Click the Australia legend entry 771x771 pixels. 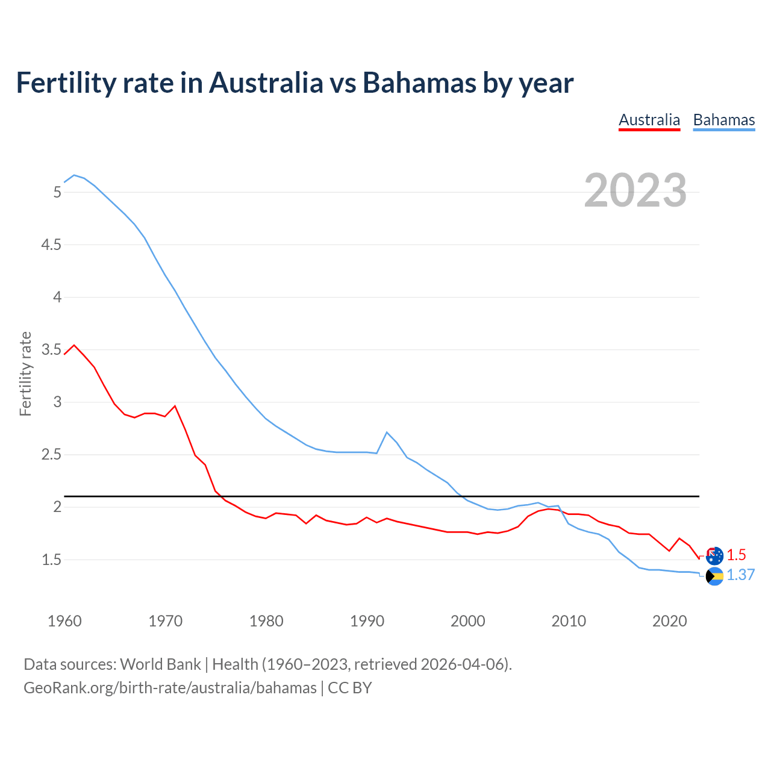(x=649, y=120)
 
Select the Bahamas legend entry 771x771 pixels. (x=723, y=120)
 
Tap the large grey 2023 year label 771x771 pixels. (x=635, y=190)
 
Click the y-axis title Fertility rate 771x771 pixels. (x=25, y=373)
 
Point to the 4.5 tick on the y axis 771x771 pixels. (x=51, y=245)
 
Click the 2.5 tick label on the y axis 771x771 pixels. (x=51, y=454)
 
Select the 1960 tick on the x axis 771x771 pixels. (x=64, y=621)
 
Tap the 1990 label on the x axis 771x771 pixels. (x=367, y=621)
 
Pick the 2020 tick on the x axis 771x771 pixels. (x=669, y=621)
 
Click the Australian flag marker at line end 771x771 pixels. (x=714, y=556)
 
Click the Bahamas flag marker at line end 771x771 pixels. (x=714, y=576)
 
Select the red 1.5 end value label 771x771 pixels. (x=736, y=555)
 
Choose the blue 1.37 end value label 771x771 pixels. (x=740, y=575)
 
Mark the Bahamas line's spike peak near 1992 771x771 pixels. (x=387, y=432)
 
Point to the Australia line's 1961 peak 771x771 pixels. (x=74, y=345)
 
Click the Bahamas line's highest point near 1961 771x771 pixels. (x=74, y=175)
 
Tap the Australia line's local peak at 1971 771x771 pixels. (x=175, y=406)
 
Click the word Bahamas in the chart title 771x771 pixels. (x=419, y=83)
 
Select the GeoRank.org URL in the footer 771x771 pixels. (x=170, y=687)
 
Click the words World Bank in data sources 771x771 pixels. (x=160, y=664)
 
